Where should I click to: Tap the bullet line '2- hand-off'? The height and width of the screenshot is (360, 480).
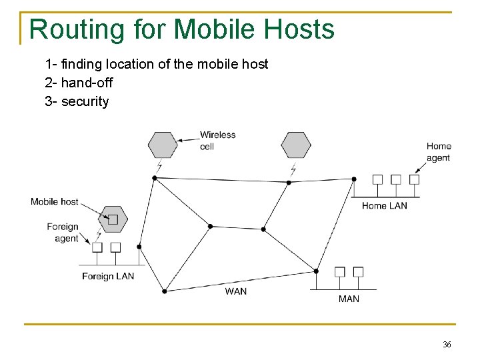tap(79, 83)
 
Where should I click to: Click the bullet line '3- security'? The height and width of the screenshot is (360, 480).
tap(77, 101)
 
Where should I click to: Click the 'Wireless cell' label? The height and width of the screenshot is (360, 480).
tap(217, 140)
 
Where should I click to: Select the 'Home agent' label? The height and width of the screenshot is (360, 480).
tap(439, 152)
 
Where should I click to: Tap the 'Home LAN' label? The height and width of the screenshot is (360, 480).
tap(384, 206)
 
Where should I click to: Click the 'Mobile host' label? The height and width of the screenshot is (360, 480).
tap(55, 201)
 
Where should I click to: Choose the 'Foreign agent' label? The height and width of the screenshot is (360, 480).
tap(63, 233)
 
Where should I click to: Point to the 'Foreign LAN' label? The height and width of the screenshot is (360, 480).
tap(108, 276)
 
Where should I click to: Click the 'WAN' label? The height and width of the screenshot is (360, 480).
tap(235, 291)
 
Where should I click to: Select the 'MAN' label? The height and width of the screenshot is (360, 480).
tap(349, 299)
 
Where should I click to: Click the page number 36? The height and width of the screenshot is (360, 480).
tap(447, 345)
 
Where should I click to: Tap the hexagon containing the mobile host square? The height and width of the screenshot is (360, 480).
tap(113, 219)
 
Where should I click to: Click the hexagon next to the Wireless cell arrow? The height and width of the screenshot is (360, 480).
tap(163, 145)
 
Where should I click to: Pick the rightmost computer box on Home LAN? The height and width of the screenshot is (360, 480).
tap(414, 179)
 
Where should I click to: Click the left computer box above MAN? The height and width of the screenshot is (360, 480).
tap(340, 271)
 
